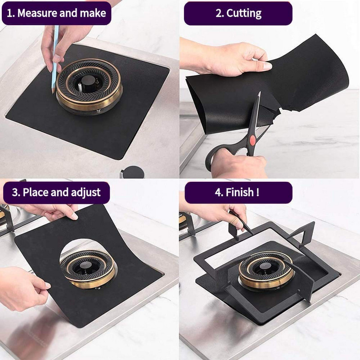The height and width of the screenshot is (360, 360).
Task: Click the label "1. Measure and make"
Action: point(57,13)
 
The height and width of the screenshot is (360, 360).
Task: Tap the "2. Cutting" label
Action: point(238,13)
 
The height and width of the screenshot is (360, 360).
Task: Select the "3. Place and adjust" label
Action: point(56,193)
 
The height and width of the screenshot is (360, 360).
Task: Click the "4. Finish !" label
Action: point(238,193)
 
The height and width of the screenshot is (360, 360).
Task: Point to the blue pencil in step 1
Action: point(55,58)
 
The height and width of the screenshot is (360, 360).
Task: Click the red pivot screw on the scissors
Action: point(252,140)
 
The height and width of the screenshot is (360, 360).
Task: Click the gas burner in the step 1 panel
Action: point(89,85)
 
